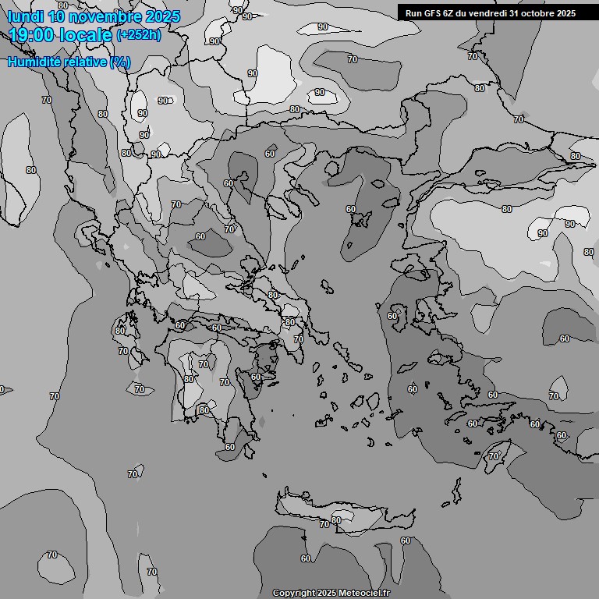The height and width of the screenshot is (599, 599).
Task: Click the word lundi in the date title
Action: [x=25, y=16]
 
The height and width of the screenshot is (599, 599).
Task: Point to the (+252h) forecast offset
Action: [x=138, y=35]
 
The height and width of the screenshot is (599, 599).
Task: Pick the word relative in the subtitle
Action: [x=87, y=62]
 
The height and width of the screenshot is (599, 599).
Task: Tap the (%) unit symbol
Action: [x=120, y=62]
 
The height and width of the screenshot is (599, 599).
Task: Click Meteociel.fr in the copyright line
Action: [x=363, y=593]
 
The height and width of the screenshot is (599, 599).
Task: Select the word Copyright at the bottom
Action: [x=293, y=593]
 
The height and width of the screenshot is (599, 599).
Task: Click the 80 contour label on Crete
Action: [x=336, y=520]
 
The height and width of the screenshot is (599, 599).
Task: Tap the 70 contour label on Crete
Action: [x=324, y=525]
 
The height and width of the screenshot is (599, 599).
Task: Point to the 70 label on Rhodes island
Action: [x=494, y=456]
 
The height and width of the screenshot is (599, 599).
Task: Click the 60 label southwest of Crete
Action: [x=305, y=558]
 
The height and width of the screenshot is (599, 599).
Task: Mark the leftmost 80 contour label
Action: [x=31, y=169]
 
